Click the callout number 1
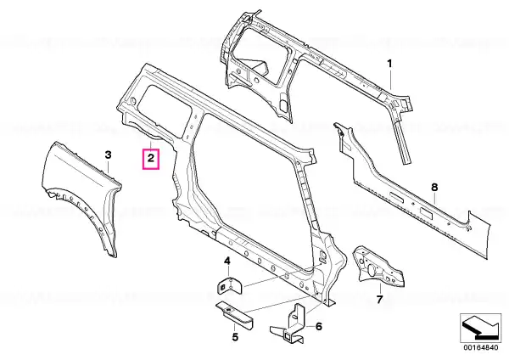(x=389, y=64)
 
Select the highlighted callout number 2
(x=151, y=159)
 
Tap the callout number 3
(x=108, y=155)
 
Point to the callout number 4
(x=227, y=261)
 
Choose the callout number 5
(x=235, y=337)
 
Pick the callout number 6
(x=319, y=326)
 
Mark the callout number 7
(x=379, y=299)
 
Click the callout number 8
(x=434, y=188)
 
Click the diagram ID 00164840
(x=480, y=347)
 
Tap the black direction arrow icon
(x=480, y=328)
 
